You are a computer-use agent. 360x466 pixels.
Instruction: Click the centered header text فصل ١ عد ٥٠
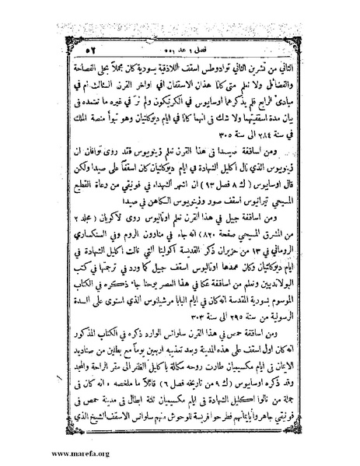(x=180, y=27)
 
